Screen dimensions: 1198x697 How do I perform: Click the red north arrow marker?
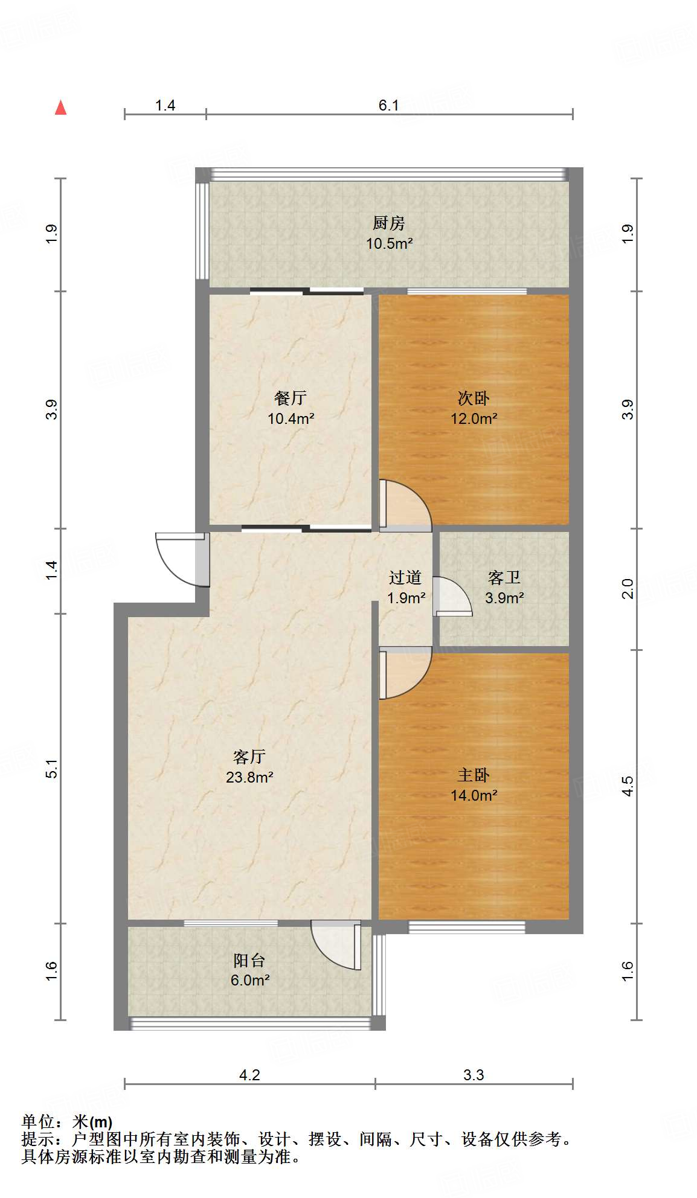[60, 107]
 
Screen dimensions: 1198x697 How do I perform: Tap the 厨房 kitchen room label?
[388, 223]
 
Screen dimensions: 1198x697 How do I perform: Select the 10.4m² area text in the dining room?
[291, 418]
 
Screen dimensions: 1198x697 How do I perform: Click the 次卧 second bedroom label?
[474, 399]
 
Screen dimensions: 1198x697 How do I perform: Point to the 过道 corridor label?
[405, 578]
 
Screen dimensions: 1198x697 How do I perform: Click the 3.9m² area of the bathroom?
[504, 598]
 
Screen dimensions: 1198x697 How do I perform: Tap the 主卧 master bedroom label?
[474, 775]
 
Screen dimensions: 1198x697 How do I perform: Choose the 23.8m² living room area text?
[249, 777]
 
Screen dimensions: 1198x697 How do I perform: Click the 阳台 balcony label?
[249, 960]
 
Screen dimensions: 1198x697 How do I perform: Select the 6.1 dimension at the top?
[388, 106]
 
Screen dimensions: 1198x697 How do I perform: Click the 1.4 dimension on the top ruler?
[165, 106]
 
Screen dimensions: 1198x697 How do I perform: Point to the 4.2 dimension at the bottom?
[249, 1075]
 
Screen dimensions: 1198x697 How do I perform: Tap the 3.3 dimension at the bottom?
[474, 1075]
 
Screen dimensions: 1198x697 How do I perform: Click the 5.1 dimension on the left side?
[52, 768]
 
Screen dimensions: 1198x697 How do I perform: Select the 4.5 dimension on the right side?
[628, 786]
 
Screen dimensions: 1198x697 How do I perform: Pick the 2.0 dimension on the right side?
[628, 588]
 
